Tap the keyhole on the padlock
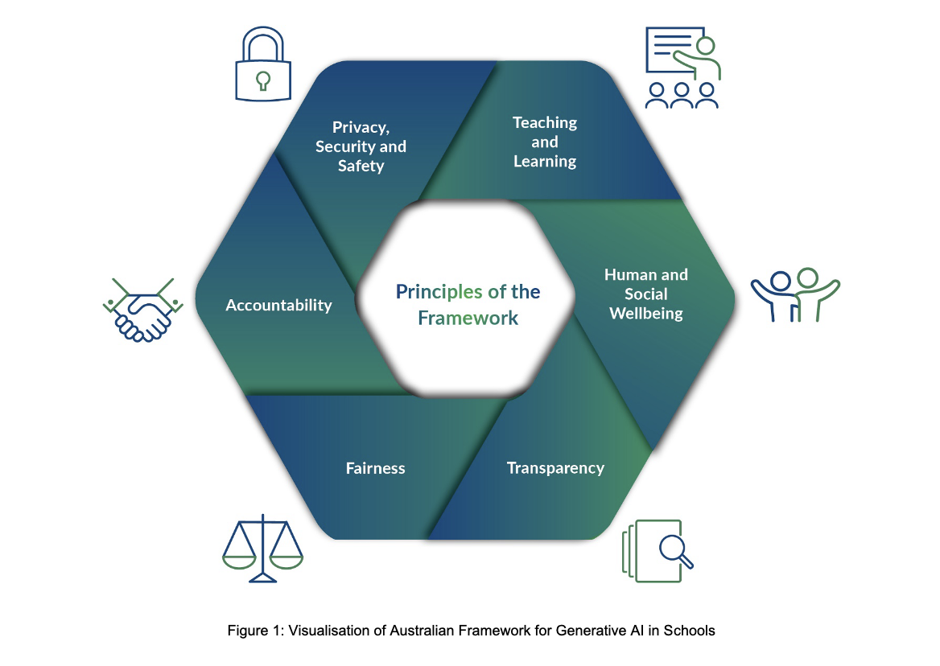(x=262, y=80)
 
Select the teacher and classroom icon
(x=682, y=68)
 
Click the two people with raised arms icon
(x=795, y=294)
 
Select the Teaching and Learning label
(x=545, y=142)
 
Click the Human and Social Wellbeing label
(x=646, y=294)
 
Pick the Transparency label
(x=555, y=467)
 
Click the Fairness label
(x=375, y=467)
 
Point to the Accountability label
(x=278, y=305)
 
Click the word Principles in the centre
(x=439, y=291)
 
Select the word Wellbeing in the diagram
(x=646, y=313)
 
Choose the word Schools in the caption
(x=693, y=631)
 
